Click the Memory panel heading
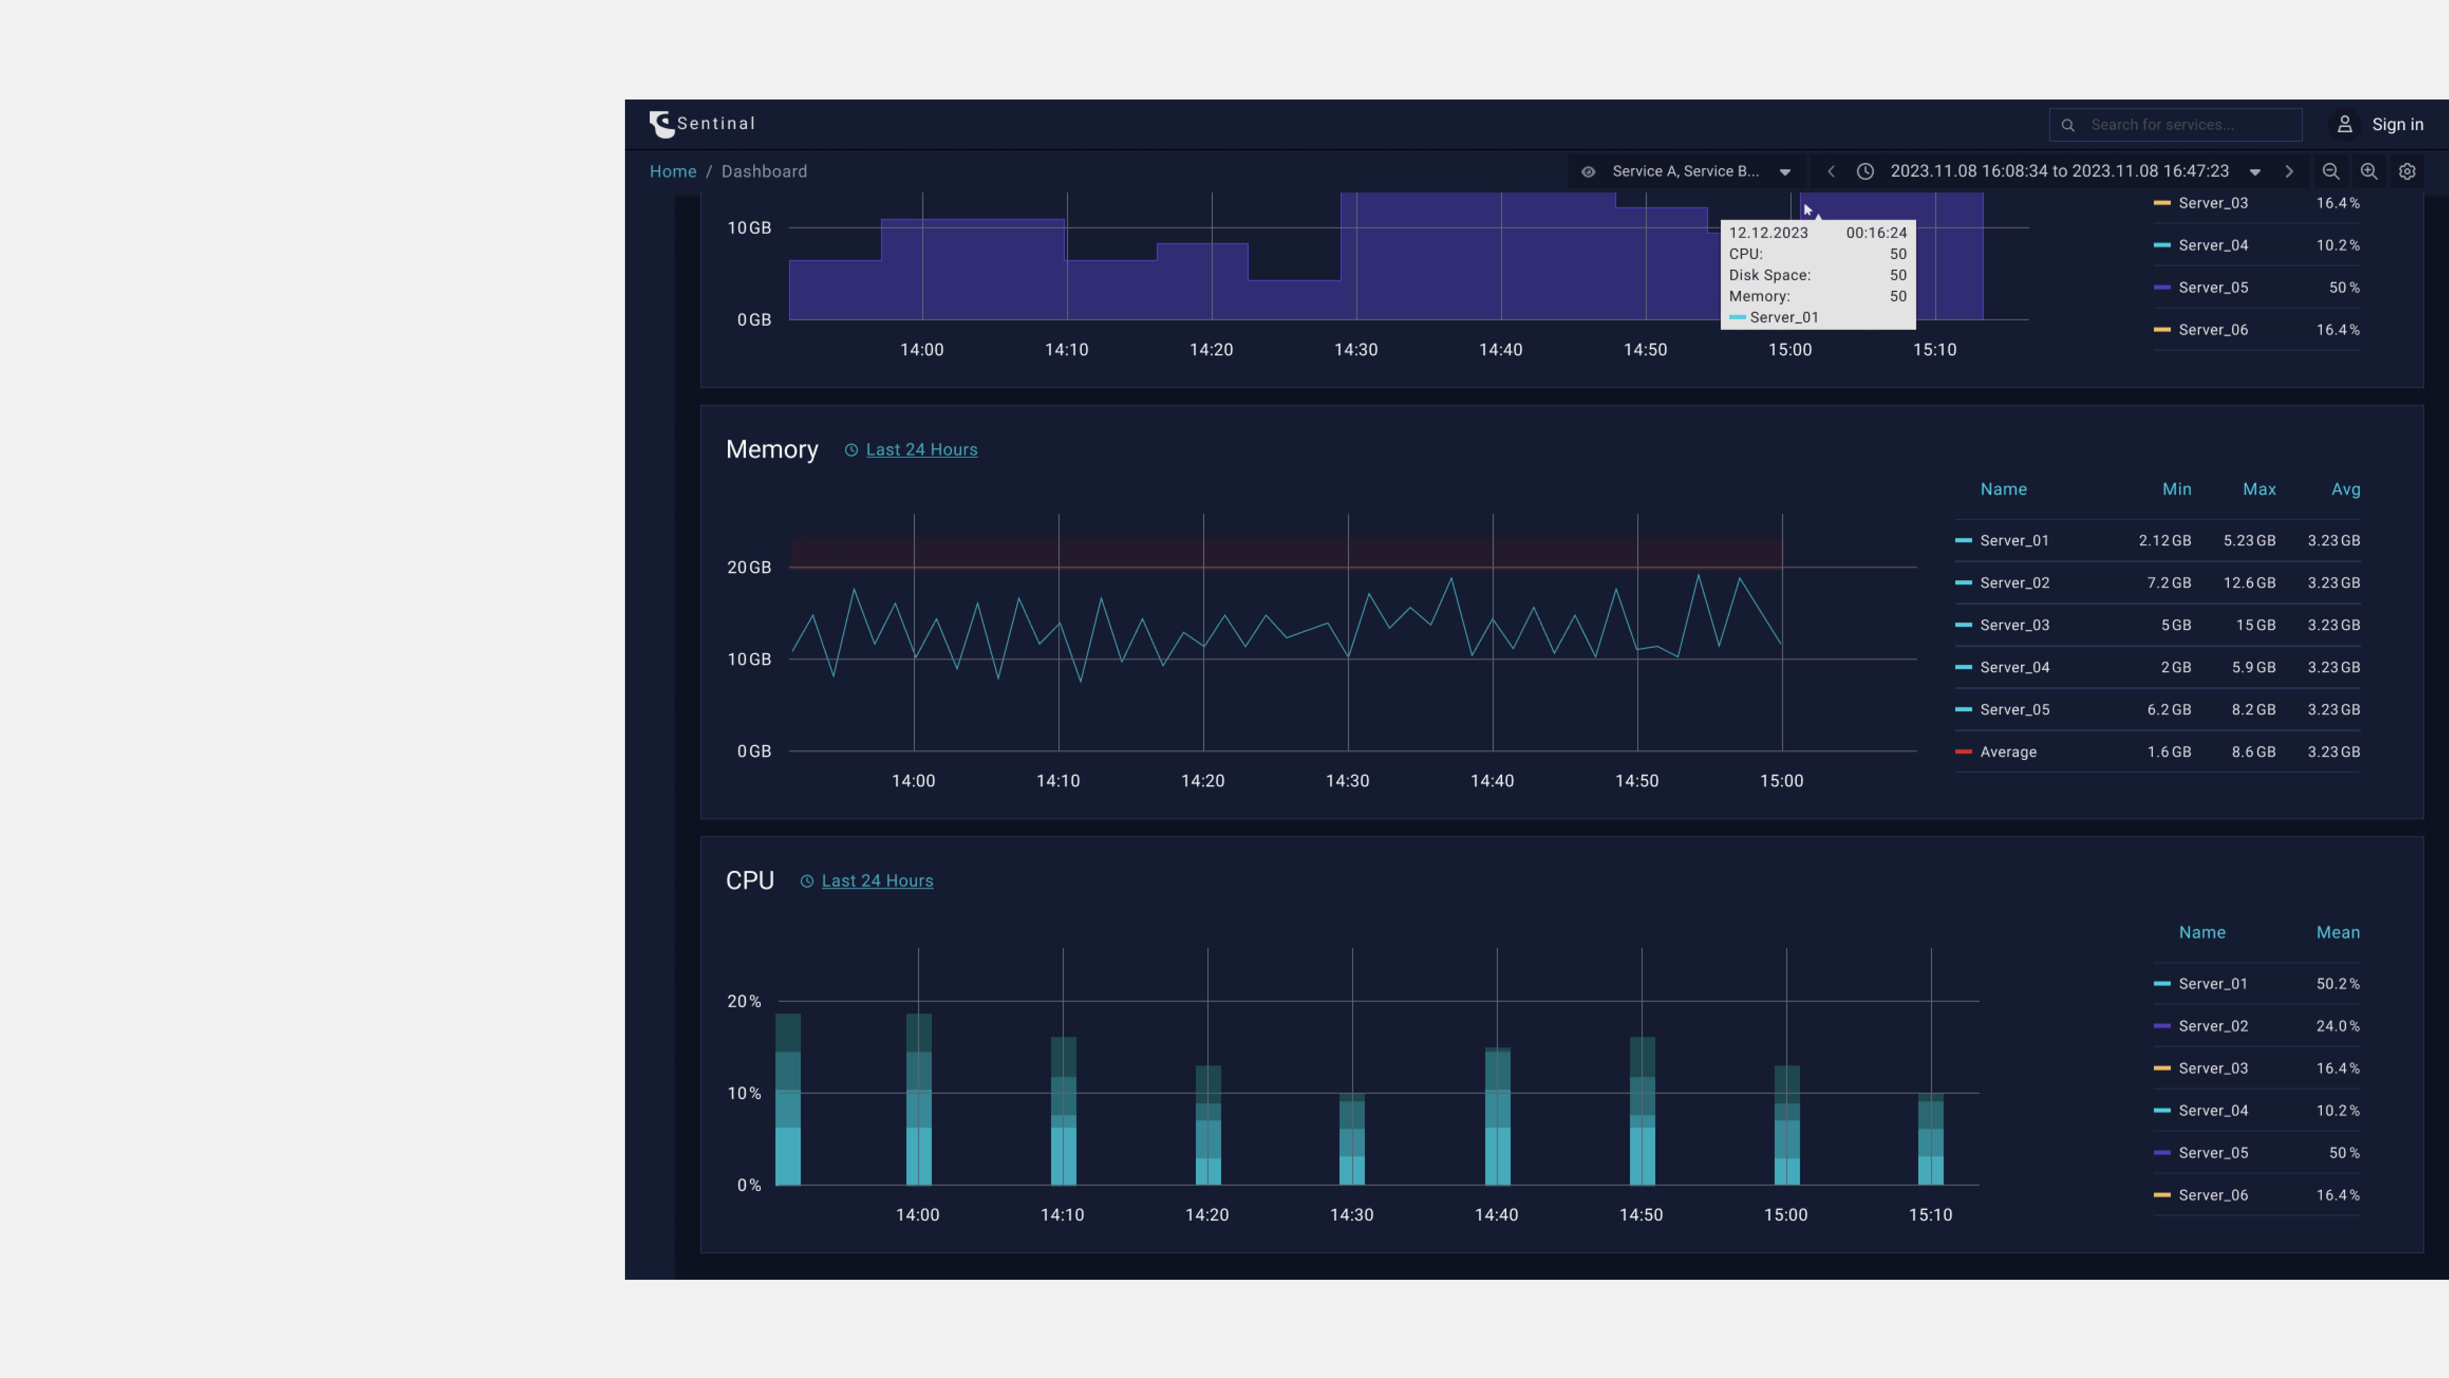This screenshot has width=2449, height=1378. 771,450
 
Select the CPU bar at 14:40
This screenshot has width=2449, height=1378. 1497,1117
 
